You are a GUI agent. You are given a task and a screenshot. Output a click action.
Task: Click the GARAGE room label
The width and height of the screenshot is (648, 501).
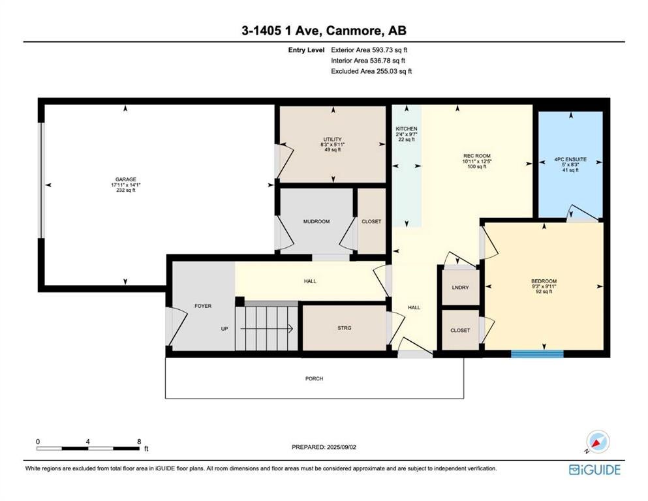pos(126,179)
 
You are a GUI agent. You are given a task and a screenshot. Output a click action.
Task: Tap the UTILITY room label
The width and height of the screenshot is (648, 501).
pos(332,140)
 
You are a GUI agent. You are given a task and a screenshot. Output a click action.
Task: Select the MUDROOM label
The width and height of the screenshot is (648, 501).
pos(316,221)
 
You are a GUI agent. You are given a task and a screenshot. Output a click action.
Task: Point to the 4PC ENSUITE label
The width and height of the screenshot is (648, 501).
pos(570,159)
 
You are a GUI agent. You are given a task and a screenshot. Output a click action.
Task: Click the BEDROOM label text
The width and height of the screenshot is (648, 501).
pos(544,281)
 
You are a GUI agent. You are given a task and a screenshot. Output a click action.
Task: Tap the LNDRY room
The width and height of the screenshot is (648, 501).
pos(460,288)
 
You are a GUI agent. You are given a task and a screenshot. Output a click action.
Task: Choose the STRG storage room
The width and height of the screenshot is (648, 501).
pos(345,328)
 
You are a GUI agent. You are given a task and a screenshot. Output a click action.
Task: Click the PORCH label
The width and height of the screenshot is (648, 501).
pos(314,378)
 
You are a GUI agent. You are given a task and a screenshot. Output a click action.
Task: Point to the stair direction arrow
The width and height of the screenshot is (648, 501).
pos(267,329)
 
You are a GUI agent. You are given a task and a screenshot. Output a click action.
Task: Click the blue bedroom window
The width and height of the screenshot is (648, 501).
pos(537,354)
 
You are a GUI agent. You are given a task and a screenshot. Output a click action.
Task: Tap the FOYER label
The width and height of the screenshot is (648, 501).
pos(203,306)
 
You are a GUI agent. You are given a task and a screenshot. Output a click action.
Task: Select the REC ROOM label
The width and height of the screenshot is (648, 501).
pos(477,156)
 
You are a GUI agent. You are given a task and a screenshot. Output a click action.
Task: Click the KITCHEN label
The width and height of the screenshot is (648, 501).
pos(407,129)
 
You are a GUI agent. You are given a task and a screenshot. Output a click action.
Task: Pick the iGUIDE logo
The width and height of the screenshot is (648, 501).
pos(594,470)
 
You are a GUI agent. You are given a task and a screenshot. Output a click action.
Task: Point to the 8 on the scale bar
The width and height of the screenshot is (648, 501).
pos(139,442)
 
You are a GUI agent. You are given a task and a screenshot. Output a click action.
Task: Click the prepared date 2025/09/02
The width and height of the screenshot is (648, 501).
pos(341,447)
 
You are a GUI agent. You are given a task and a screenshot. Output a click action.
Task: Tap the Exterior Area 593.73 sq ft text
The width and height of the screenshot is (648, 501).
pos(369,50)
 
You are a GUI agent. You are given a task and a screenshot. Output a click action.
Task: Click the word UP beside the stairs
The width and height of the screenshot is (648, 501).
pos(224,329)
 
